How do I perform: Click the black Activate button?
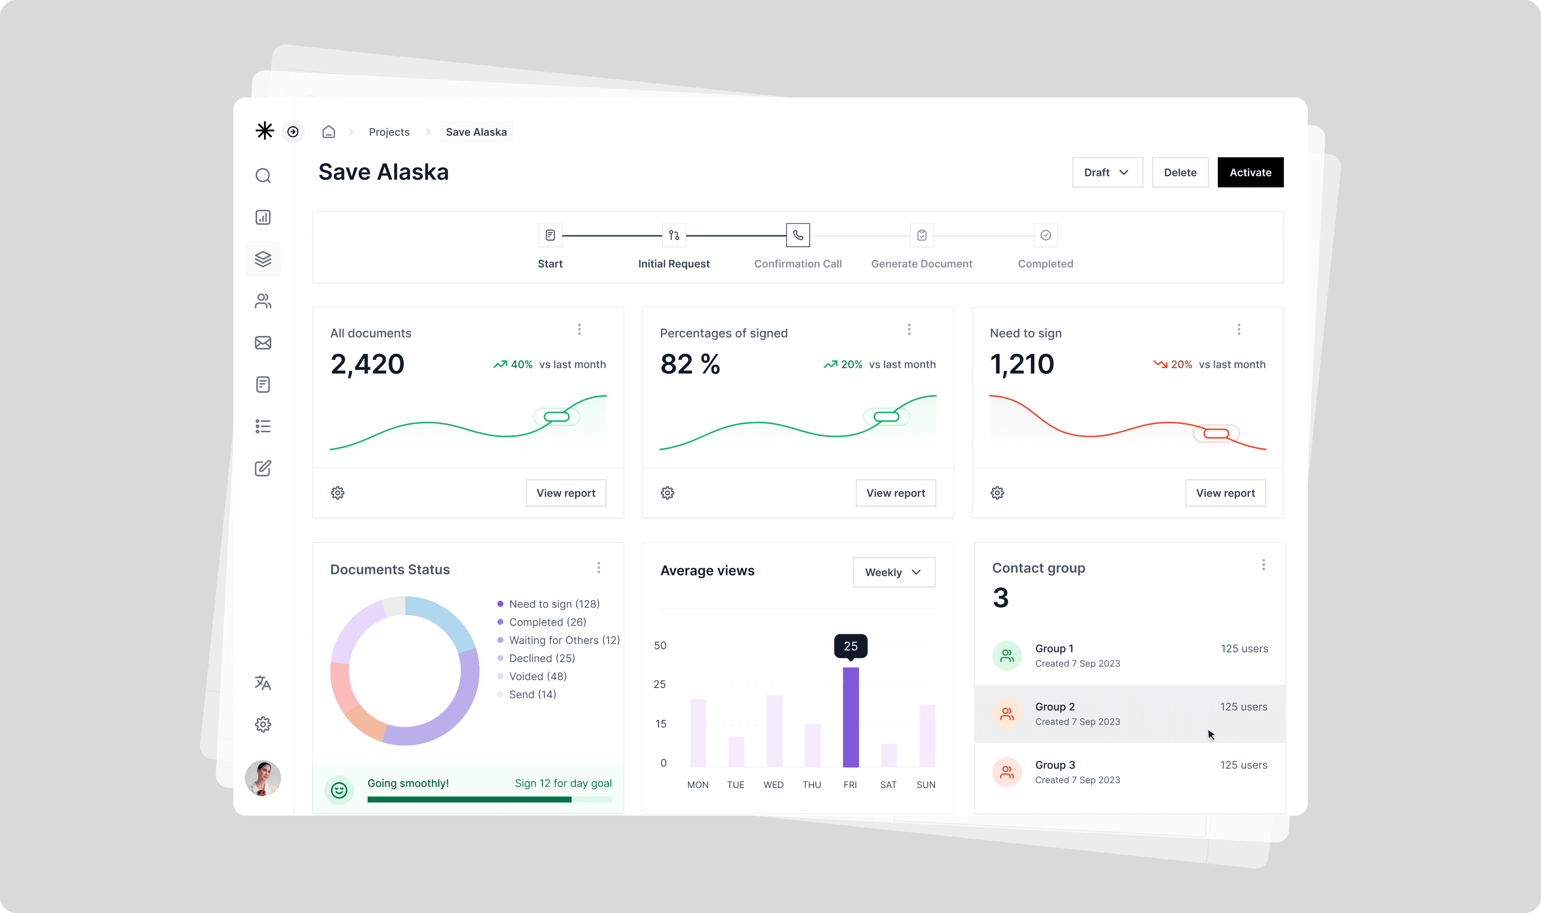(1250, 172)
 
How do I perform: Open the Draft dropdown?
(1107, 172)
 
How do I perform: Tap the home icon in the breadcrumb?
(329, 132)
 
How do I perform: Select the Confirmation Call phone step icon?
(798, 235)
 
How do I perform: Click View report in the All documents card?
(566, 493)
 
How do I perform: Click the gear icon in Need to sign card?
(997, 493)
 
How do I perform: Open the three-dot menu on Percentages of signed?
(909, 330)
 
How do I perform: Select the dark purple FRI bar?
(851, 717)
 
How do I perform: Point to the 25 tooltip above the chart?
(851, 646)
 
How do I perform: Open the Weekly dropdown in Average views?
(894, 572)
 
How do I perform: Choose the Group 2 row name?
(1055, 707)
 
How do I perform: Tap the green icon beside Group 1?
(1007, 656)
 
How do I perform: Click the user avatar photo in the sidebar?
(263, 778)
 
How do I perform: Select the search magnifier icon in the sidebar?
(263, 176)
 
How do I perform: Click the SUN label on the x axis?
(926, 784)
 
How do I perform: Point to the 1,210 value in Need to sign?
(1022, 364)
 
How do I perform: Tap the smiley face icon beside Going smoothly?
(339, 790)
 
